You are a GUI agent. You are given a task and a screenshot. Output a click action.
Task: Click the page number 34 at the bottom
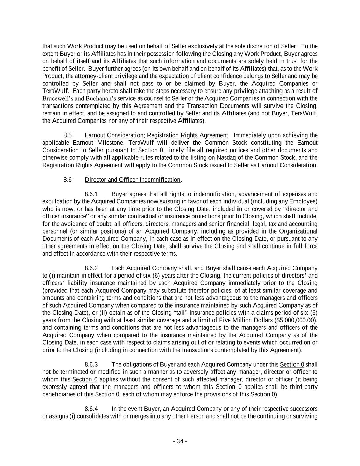pyautogui.click(x=180, y=441)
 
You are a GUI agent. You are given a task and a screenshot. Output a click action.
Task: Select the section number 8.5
pyautogui.click(x=67, y=135)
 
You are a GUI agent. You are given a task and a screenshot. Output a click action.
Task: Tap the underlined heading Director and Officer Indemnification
pyautogui.click(x=132, y=180)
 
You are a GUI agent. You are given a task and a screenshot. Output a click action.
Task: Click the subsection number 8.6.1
pyautogui.click(x=91, y=194)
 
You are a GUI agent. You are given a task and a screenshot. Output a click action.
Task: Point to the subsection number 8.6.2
pyautogui.click(x=91, y=268)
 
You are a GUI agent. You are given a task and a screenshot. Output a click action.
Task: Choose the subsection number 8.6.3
pyautogui.click(x=91, y=365)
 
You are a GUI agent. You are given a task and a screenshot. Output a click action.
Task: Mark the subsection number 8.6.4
pyautogui.click(x=91, y=409)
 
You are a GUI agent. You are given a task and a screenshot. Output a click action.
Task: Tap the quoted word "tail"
pyautogui.click(x=184, y=313)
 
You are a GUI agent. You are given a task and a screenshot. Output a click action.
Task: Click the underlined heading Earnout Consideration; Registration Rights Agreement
pyautogui.click(x=156, y=135)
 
